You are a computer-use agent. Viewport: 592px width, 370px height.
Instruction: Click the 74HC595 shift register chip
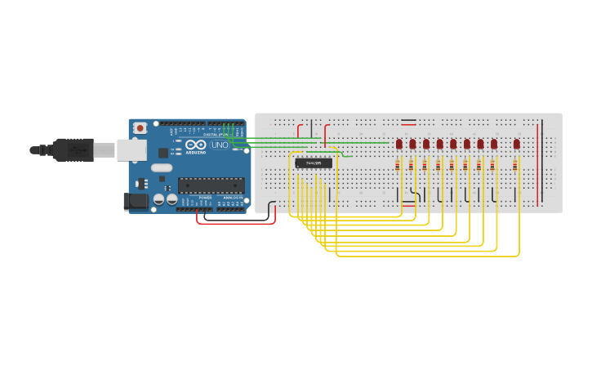click(x=314, y=163)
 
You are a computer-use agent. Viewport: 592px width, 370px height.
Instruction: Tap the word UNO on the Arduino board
click(x=220, y=145)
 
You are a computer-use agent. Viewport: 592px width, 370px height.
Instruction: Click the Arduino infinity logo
click(x=196, y=145)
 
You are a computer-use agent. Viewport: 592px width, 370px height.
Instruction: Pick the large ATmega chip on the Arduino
click(x=211, y=185)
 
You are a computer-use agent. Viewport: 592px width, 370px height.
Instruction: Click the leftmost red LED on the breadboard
click(x=399, y=145)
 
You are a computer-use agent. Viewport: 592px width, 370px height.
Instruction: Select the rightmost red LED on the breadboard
click(x=517, y=145)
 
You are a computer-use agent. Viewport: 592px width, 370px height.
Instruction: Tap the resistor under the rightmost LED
click(x=515, y=165)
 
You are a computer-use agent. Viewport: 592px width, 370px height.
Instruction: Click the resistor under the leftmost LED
click(x=398, y=165)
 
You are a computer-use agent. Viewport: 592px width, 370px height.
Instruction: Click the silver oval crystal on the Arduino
click(x=162, y=168)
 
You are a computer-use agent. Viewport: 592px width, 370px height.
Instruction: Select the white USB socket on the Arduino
click(x=131, y=149)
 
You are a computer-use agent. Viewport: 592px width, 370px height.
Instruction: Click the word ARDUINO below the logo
click(x=196, y=152)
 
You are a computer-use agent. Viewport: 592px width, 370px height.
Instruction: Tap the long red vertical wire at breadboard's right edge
click(x=538, y=163)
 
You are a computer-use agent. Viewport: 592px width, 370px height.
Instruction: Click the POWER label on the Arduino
click(x=206, y=198)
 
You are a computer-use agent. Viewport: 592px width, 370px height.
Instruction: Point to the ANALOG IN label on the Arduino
click(x=233, y=198)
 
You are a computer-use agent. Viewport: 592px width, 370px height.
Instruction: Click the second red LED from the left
click(x=412, y=145)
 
